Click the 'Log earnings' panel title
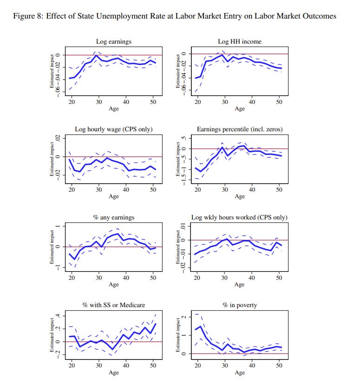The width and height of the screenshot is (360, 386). (x=113, y=42)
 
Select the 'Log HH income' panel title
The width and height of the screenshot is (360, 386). (x=240, y=42)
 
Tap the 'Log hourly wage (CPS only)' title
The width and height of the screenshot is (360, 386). (x=114, y=129)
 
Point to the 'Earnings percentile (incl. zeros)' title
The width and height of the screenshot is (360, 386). (x=240, y=129)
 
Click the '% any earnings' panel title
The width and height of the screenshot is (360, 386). (x=113, y=217)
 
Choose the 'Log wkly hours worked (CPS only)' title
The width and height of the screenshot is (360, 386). (x=240, y=217)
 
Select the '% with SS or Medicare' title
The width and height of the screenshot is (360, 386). (x=114, y=305)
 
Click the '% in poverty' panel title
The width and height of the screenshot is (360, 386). (x=240, y=305)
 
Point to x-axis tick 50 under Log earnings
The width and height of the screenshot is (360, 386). (x=153, y=102)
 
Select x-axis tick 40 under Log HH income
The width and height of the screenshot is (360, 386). (x=252, y=102)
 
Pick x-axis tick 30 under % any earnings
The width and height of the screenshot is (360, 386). (x=99, y=277)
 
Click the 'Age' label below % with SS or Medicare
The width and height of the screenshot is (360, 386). (x=114, y=373)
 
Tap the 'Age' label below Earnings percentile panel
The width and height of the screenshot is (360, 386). (x=240, y=196)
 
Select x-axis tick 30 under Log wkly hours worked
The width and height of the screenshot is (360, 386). (x=225, y=277)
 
